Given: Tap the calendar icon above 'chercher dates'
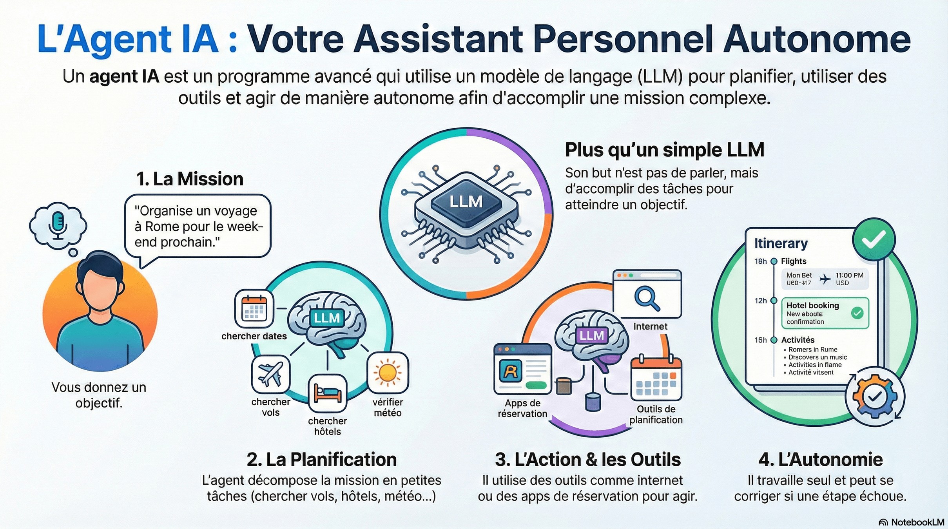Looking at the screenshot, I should coord(254,309).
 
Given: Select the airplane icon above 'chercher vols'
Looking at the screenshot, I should coord(270,374).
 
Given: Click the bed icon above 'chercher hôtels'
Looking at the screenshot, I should coord(328,393).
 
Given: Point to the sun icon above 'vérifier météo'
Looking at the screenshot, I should coord(388,372).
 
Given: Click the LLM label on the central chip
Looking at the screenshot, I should coord(466,202).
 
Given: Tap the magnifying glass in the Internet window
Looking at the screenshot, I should coord(647,299).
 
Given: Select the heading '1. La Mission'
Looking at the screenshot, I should coord(190,179).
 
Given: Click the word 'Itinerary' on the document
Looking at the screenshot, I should coord(781,243).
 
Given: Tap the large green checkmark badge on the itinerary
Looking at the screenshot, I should coord(874,239).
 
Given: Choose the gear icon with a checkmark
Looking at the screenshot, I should coord(874,397).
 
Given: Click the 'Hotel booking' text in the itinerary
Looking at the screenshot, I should coord(812,305).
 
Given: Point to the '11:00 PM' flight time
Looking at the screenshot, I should coord(849,275).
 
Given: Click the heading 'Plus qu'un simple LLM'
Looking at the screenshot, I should coord(664,150).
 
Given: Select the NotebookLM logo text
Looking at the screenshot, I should coord(917,522).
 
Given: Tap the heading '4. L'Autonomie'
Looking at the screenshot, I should coord(820,459).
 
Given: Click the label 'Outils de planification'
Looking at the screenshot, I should coord(656,415).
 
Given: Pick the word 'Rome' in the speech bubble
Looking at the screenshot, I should coord(163,226).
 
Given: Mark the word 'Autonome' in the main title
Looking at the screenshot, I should coord(817,39).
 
